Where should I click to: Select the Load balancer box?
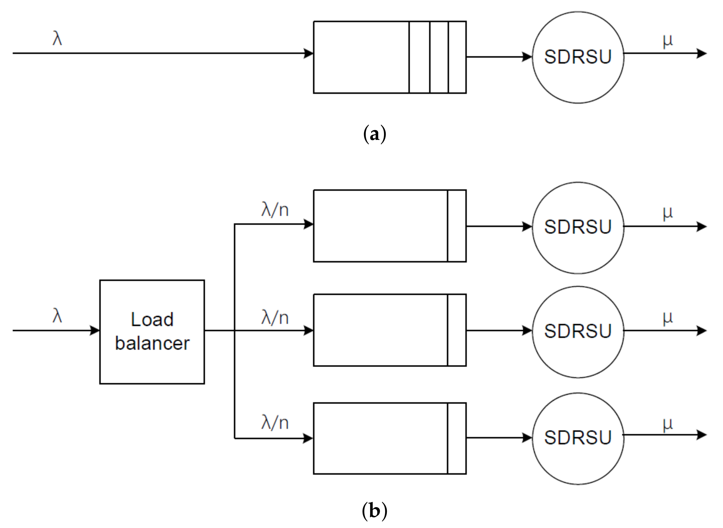pyautogui.click(x=152, y=332)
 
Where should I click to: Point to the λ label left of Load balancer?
pyautogui.click(x=57, y=316)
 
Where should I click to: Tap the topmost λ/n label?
pyautogui.click(x=275, y=210)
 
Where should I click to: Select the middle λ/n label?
pyautogui.click(x=275, y=318)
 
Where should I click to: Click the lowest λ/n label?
pyautogui.click(x=275, y=422)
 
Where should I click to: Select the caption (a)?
pyautogui.click(x=375, y=134)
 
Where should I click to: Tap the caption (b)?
pyautogui.click(x=375, y=511)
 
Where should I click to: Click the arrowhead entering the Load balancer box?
pyautogui.click(x=95, y=330)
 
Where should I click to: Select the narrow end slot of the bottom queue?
pyautogui.click(x=456, y=438)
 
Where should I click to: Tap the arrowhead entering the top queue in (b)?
pyautogui.click(x=309, y=224)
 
